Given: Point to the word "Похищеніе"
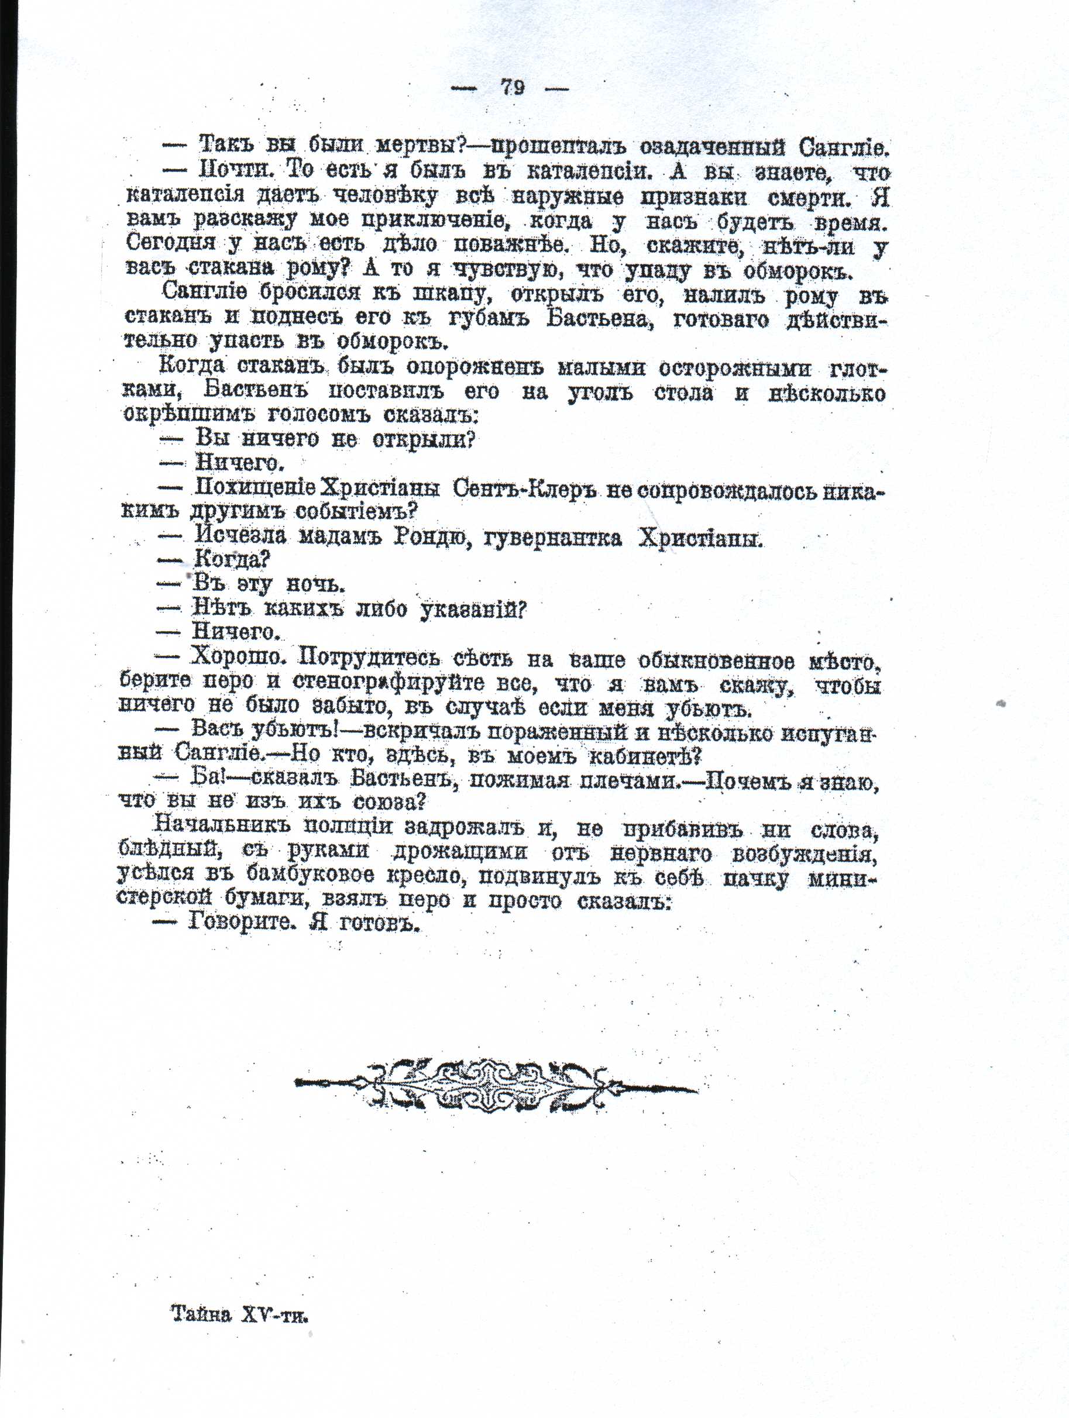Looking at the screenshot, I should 254,488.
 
